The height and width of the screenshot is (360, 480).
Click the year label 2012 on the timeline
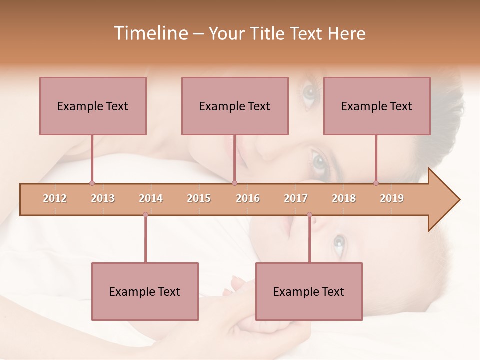coord(55,198)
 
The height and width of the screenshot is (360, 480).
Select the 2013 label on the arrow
coord(103,198)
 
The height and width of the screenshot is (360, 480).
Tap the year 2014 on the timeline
coord(151,198)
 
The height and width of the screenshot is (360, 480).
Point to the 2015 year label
coord(199,198)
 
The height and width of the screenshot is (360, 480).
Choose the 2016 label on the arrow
coord(248,198)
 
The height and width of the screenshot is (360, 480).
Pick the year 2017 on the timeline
coord(296,198)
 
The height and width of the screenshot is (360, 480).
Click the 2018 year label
coord(344,198)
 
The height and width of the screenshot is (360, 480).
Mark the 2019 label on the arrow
coord(392,198)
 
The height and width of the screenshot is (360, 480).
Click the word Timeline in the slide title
coord(149,33)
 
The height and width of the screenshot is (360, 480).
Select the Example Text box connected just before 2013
coord(93,106)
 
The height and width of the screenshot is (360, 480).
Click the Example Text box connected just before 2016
coord(235,106)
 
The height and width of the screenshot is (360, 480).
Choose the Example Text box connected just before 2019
coord(377,106)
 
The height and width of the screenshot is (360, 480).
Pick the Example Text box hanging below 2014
coord(145,291)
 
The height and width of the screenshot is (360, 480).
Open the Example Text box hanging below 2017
coord(309,291)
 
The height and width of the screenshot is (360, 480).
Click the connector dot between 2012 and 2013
coord(92,183)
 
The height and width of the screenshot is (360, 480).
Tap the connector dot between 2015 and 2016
coord(235,183)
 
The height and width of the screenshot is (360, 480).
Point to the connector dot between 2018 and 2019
coord(376,183)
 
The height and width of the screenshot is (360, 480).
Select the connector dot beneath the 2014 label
coord(145,215)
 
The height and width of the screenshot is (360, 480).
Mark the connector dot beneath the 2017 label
coord(309,215)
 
